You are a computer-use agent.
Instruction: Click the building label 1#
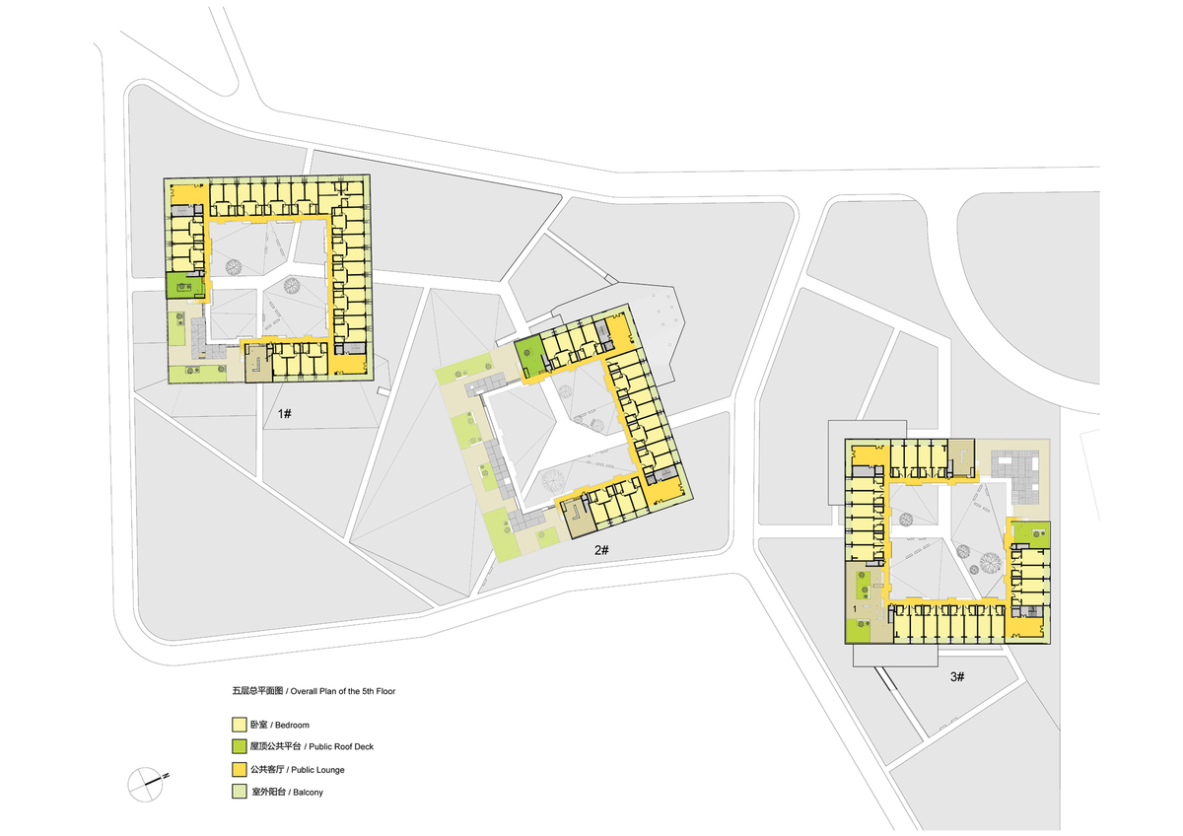[283, 414]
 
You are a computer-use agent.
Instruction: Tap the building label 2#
[602, 550]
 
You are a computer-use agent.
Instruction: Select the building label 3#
[956, 677]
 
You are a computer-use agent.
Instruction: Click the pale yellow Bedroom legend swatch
[238, 725]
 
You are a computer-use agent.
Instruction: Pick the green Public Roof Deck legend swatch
[238, 746]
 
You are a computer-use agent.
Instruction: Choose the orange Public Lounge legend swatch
[238, 769]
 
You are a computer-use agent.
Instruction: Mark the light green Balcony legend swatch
[238, 792]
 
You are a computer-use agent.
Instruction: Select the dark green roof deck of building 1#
[183, 287]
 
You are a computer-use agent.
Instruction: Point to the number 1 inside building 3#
[854, 611]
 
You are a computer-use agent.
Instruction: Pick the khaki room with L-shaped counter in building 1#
[256, 364]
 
